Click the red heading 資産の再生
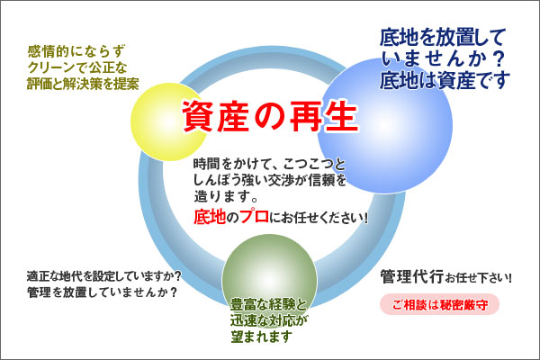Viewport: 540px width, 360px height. point(270,116)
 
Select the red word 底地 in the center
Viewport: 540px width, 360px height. point(213,216)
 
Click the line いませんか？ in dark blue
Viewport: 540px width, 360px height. point(441,59)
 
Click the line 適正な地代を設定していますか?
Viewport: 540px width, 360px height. point(105,275)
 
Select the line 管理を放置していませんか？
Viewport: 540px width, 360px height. point(101,293)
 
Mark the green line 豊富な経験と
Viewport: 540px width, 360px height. point(269,302)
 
